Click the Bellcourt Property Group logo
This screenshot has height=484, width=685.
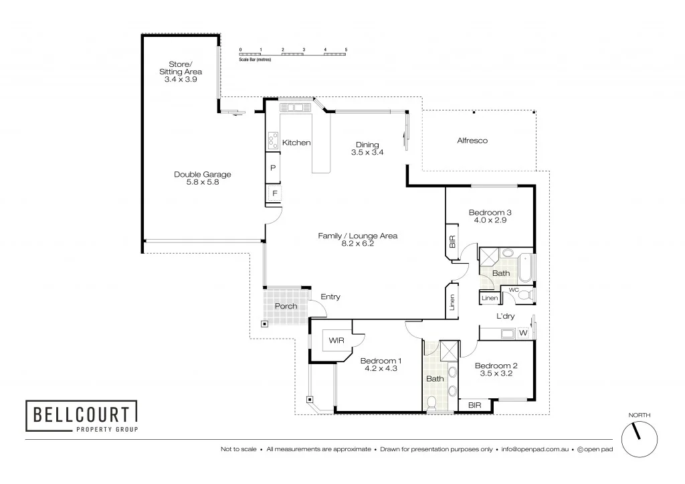(81, 416)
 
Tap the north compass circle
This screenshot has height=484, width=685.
(639, 440)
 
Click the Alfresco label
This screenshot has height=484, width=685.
(472, 141)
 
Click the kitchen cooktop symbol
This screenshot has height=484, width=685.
(273, 141)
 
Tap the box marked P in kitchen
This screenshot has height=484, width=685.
(273, 168)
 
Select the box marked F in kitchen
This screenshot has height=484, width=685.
(274, 193)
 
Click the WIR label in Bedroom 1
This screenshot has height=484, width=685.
(334, 341)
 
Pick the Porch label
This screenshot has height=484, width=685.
(286, 306)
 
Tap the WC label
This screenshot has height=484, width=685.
(514, 289)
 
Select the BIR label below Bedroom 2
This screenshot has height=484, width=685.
(474, 405)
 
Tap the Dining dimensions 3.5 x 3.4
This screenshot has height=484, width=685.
(367, 153)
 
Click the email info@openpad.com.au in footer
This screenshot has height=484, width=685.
(534, 449)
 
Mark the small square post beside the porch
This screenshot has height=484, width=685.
(264, 324)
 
